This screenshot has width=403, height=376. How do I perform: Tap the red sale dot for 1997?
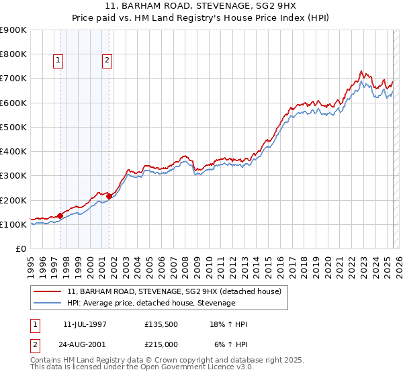click(60, 216)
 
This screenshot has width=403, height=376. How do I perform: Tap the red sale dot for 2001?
click(109, 196)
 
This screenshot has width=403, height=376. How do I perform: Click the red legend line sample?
click(47, 291)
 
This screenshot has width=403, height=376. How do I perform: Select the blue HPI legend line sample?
click(47, 303)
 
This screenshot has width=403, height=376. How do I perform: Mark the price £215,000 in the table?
click(161, 344)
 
